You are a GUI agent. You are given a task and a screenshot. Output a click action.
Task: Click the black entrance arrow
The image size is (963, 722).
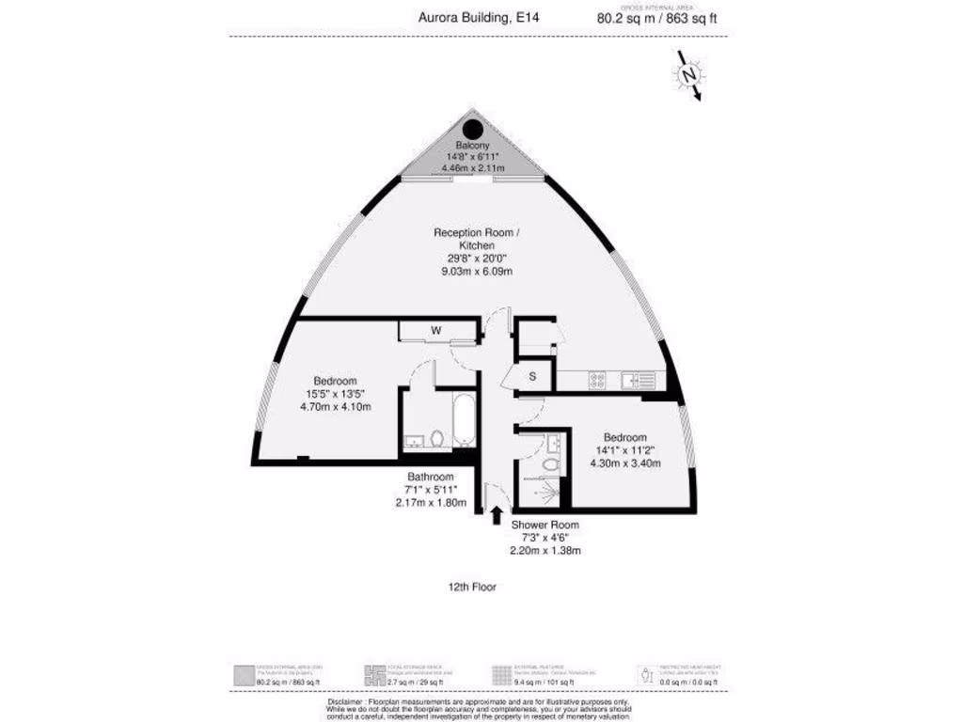coord(496,514)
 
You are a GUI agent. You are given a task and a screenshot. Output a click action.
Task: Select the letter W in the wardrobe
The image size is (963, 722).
coord(435,330)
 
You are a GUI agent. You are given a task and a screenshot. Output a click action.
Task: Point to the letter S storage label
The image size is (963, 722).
coord(532,377)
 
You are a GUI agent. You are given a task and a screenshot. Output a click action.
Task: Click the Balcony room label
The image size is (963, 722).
coord(472,146)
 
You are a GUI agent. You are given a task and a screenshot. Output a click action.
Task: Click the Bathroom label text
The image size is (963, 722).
coord(431,476)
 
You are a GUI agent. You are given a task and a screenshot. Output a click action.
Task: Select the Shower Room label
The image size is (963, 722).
coord(545,525)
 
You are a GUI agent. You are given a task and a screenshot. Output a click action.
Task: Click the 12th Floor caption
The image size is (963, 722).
coord(473,587)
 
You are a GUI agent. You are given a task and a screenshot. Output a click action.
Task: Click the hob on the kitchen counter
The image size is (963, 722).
coord(597,380)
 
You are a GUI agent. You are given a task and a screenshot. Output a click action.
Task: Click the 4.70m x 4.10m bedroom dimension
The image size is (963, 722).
coord(336,407)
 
